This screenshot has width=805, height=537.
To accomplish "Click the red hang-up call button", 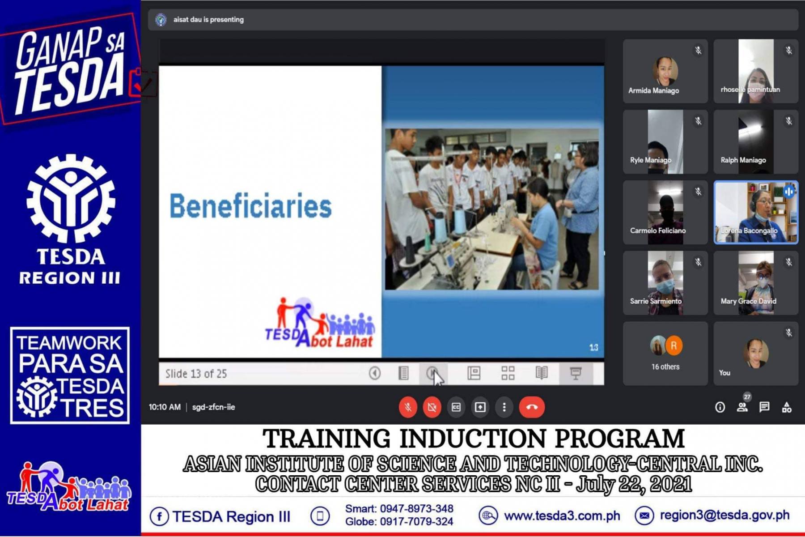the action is tap(532, 407).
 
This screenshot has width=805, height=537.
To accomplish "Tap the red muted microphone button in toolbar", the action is tap(408, 407).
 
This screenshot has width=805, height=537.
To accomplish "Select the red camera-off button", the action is tap(432, 407).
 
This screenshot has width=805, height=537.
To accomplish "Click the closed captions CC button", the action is tap(456, 407).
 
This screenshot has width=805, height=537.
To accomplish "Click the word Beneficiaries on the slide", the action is tap(250, 206).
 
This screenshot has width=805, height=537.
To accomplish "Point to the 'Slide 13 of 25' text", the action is tap(196, 374).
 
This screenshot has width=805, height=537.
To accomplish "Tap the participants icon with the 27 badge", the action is tap(743, 405).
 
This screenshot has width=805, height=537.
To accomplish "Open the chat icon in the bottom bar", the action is tap(764, 407).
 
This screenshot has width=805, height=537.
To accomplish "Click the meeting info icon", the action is tap(720, 407).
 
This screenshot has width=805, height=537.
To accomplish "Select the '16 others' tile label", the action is tap(665, 367).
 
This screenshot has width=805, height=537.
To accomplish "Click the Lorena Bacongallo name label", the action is tap(749, 231).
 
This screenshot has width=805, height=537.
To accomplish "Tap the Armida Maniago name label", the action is tap(653, 90).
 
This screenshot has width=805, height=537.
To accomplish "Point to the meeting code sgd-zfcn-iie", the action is tap(213, 407).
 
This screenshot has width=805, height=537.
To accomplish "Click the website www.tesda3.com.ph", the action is tap(562, 516).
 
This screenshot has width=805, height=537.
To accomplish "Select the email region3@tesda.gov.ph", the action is tap(724, 516).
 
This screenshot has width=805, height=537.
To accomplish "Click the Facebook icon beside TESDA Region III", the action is tap(159, 516).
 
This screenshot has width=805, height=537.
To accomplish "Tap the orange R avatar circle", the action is tap(674, 345).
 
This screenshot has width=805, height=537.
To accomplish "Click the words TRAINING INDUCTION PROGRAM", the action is tap(474, 439).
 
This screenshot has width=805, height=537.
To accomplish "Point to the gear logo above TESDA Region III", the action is tap(71, 199).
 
